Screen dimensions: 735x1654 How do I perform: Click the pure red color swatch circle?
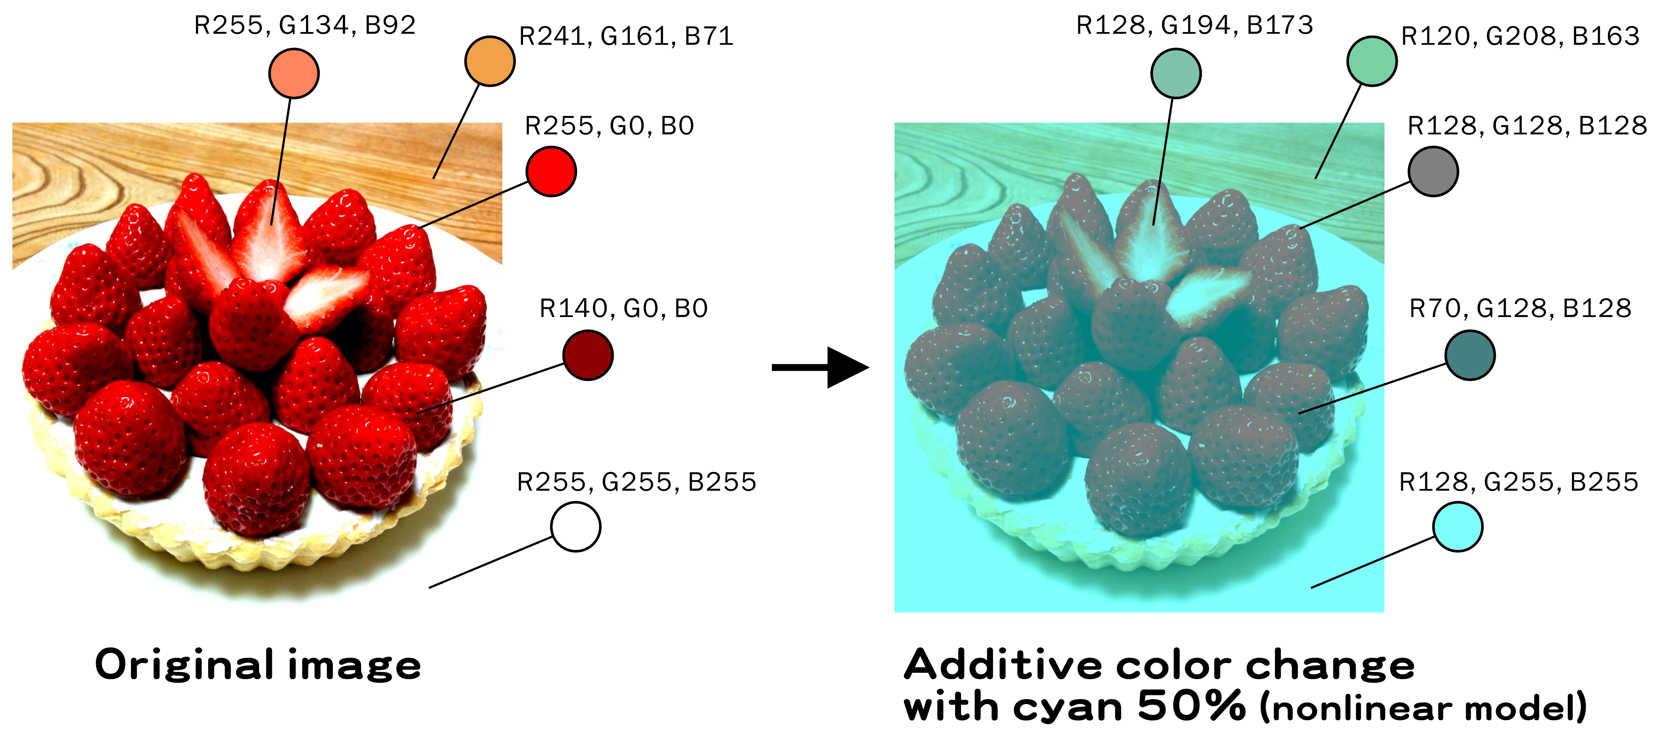click(551, 171)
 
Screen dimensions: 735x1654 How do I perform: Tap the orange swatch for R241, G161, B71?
click(490, 61)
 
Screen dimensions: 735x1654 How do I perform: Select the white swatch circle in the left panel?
click(575, 527)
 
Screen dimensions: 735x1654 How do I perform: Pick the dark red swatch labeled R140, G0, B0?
click(588, 355)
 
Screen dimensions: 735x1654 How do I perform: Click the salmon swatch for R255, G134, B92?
click(294, 74)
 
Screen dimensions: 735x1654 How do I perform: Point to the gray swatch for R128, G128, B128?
click(1433, 171)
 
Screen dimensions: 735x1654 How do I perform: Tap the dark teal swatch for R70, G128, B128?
click(1470, 355)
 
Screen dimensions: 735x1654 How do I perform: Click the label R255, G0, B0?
click(609, 126)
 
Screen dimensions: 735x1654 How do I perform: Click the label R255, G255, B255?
click(636, 482)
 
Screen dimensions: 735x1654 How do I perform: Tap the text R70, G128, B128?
click(1520, 309)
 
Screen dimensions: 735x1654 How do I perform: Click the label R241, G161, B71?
click(626, 37)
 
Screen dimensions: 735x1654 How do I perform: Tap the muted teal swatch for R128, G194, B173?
click(1176, 74)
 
